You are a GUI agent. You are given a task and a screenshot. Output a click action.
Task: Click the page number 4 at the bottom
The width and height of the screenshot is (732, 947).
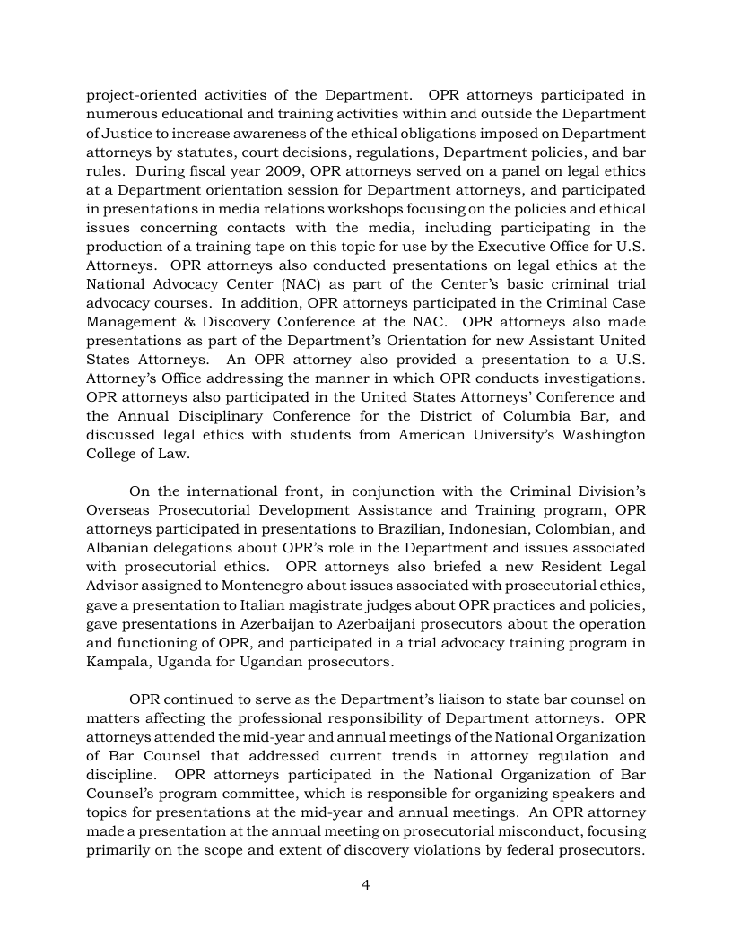[366, 884]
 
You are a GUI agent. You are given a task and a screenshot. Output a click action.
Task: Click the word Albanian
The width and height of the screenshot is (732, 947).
[117, 548]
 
